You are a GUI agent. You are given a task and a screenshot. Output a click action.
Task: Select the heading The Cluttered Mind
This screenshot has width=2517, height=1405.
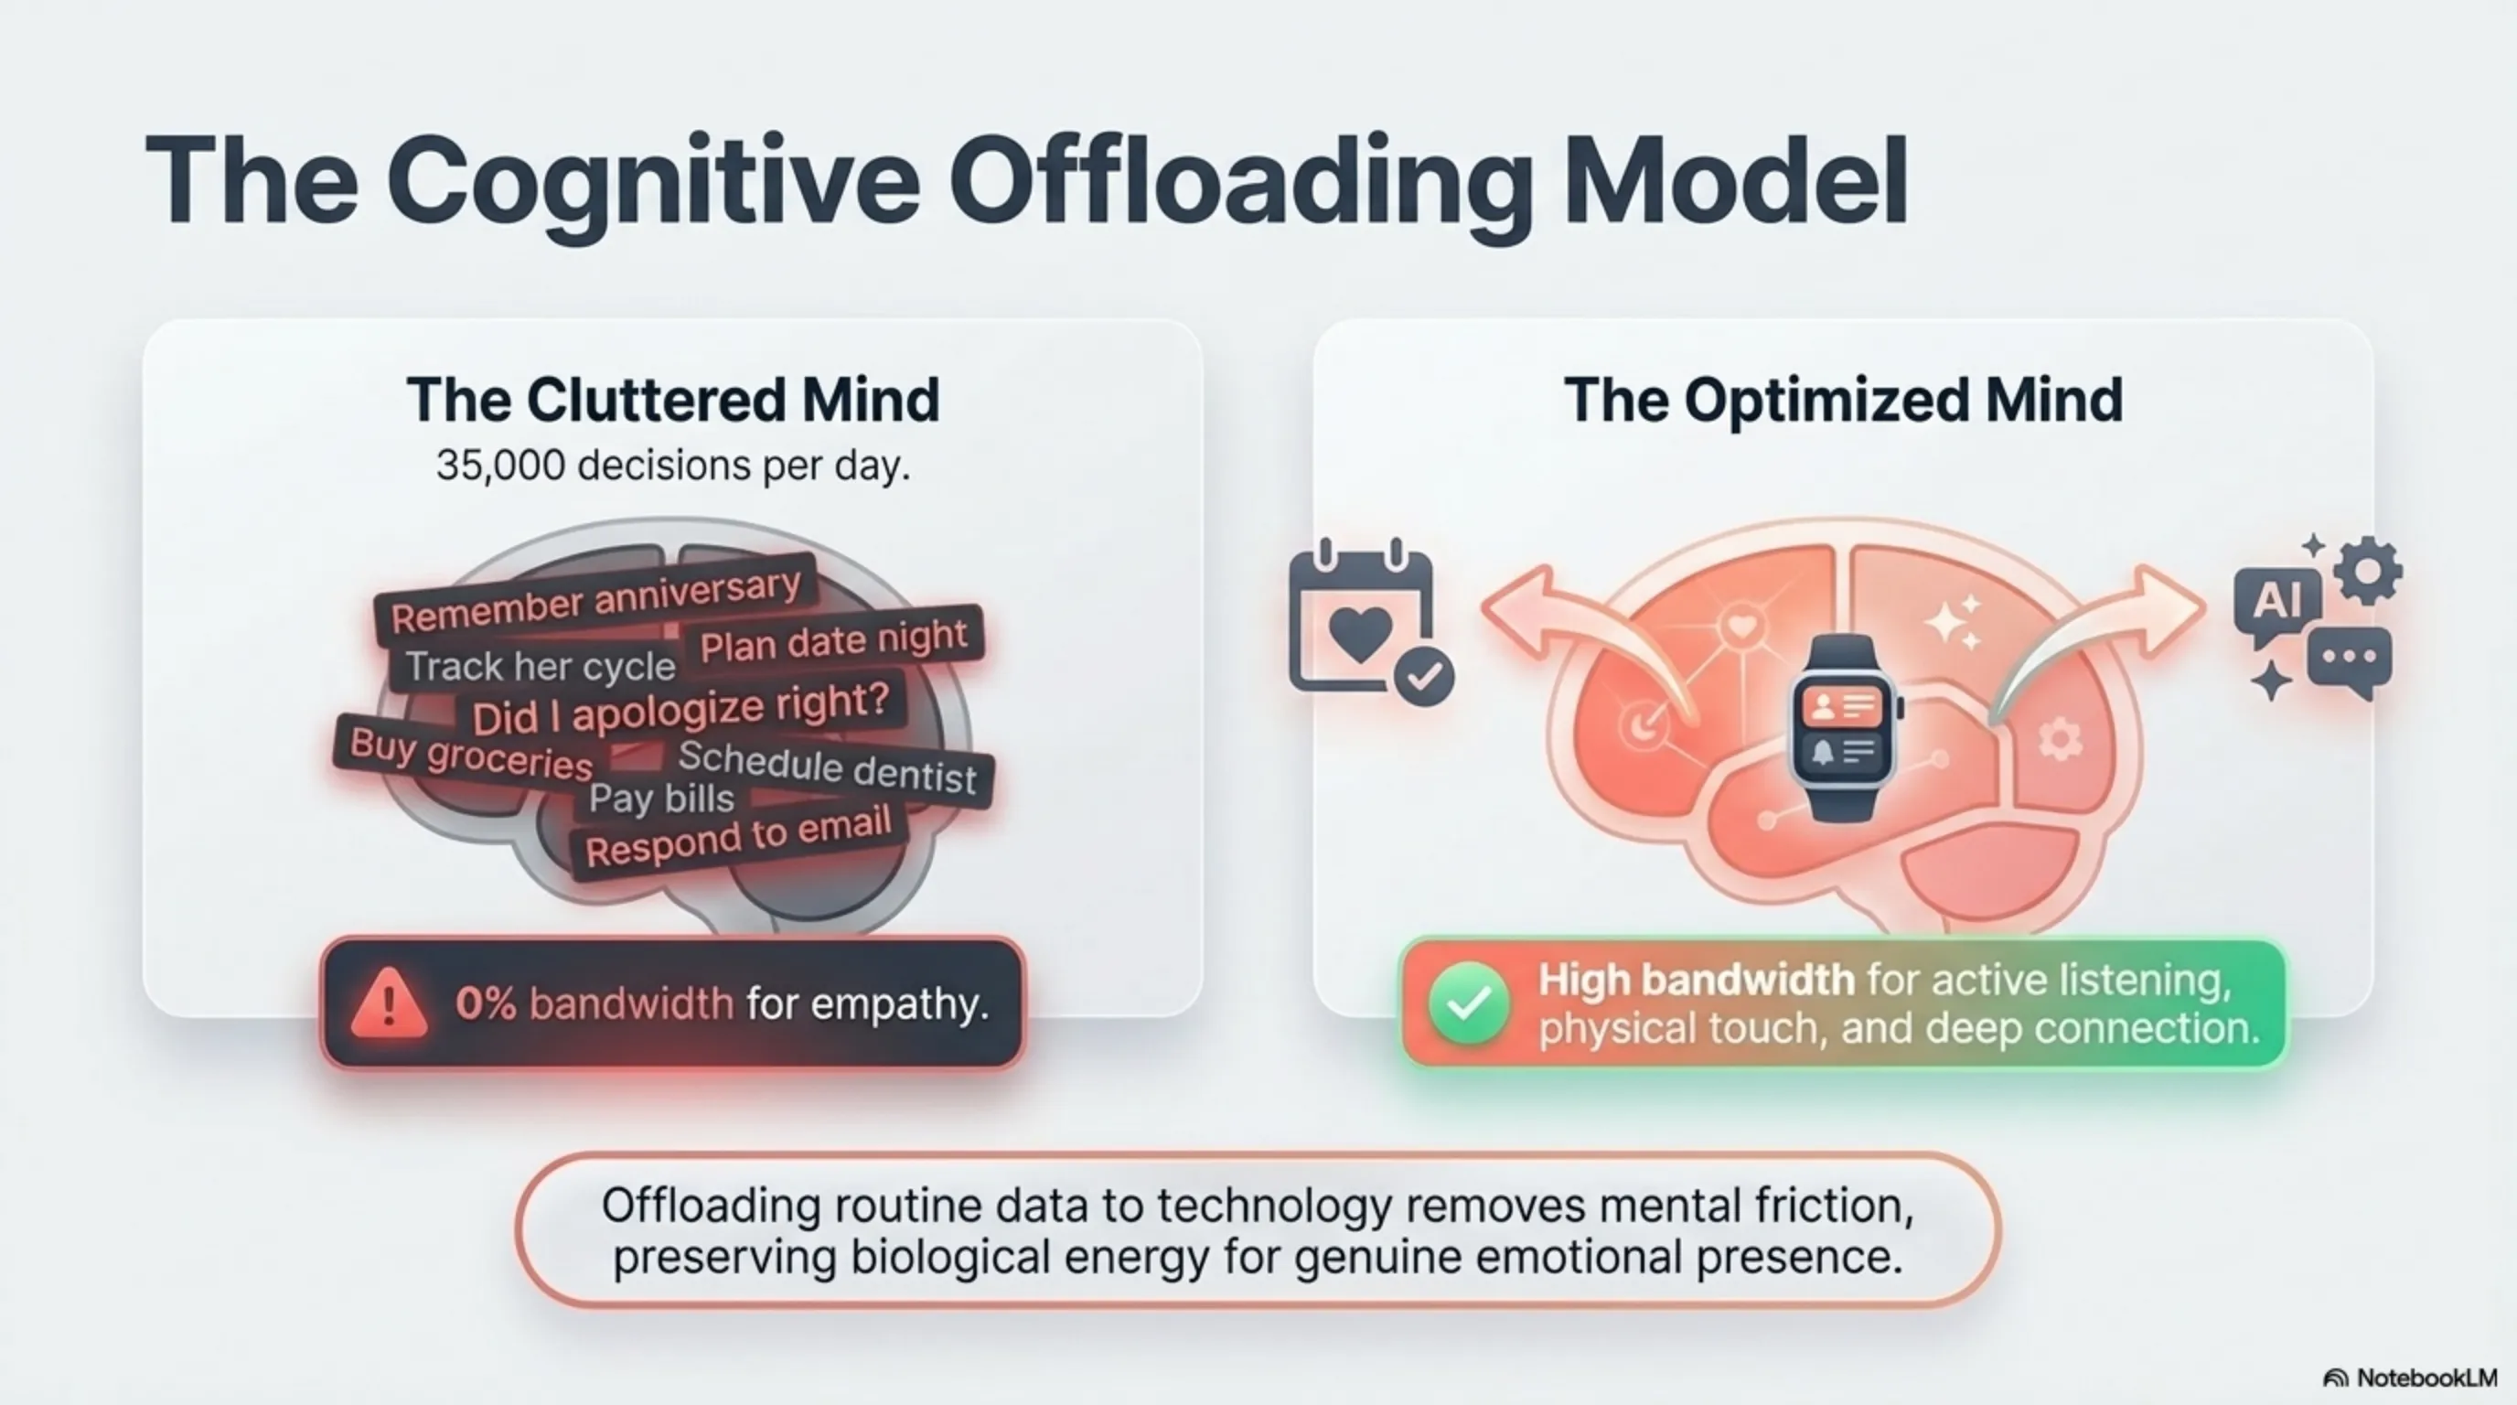pos(673,400)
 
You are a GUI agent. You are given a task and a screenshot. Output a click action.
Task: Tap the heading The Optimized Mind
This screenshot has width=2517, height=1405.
pos(1843,401)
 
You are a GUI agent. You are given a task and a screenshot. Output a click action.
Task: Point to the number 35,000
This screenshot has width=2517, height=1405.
pos(500,467)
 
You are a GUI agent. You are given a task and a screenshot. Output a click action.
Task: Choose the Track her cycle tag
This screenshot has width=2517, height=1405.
pos(541,666)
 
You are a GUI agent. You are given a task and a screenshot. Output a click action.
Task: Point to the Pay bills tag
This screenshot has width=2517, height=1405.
pos(661,799)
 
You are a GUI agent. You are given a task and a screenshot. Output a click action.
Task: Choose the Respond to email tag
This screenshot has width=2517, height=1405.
pos(739,836)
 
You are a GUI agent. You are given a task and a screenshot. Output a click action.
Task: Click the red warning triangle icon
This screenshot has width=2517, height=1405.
pos(389,1003)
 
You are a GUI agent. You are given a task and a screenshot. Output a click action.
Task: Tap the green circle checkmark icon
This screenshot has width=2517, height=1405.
pos(1468,1003)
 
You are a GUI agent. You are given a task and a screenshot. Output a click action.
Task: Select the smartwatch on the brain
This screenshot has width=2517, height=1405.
pos(1842,727)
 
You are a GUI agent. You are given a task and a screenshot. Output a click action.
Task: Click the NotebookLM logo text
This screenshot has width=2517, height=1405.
pos(2427,1378)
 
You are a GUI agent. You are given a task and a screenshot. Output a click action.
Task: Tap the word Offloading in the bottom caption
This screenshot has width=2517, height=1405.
pos(711,1206)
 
